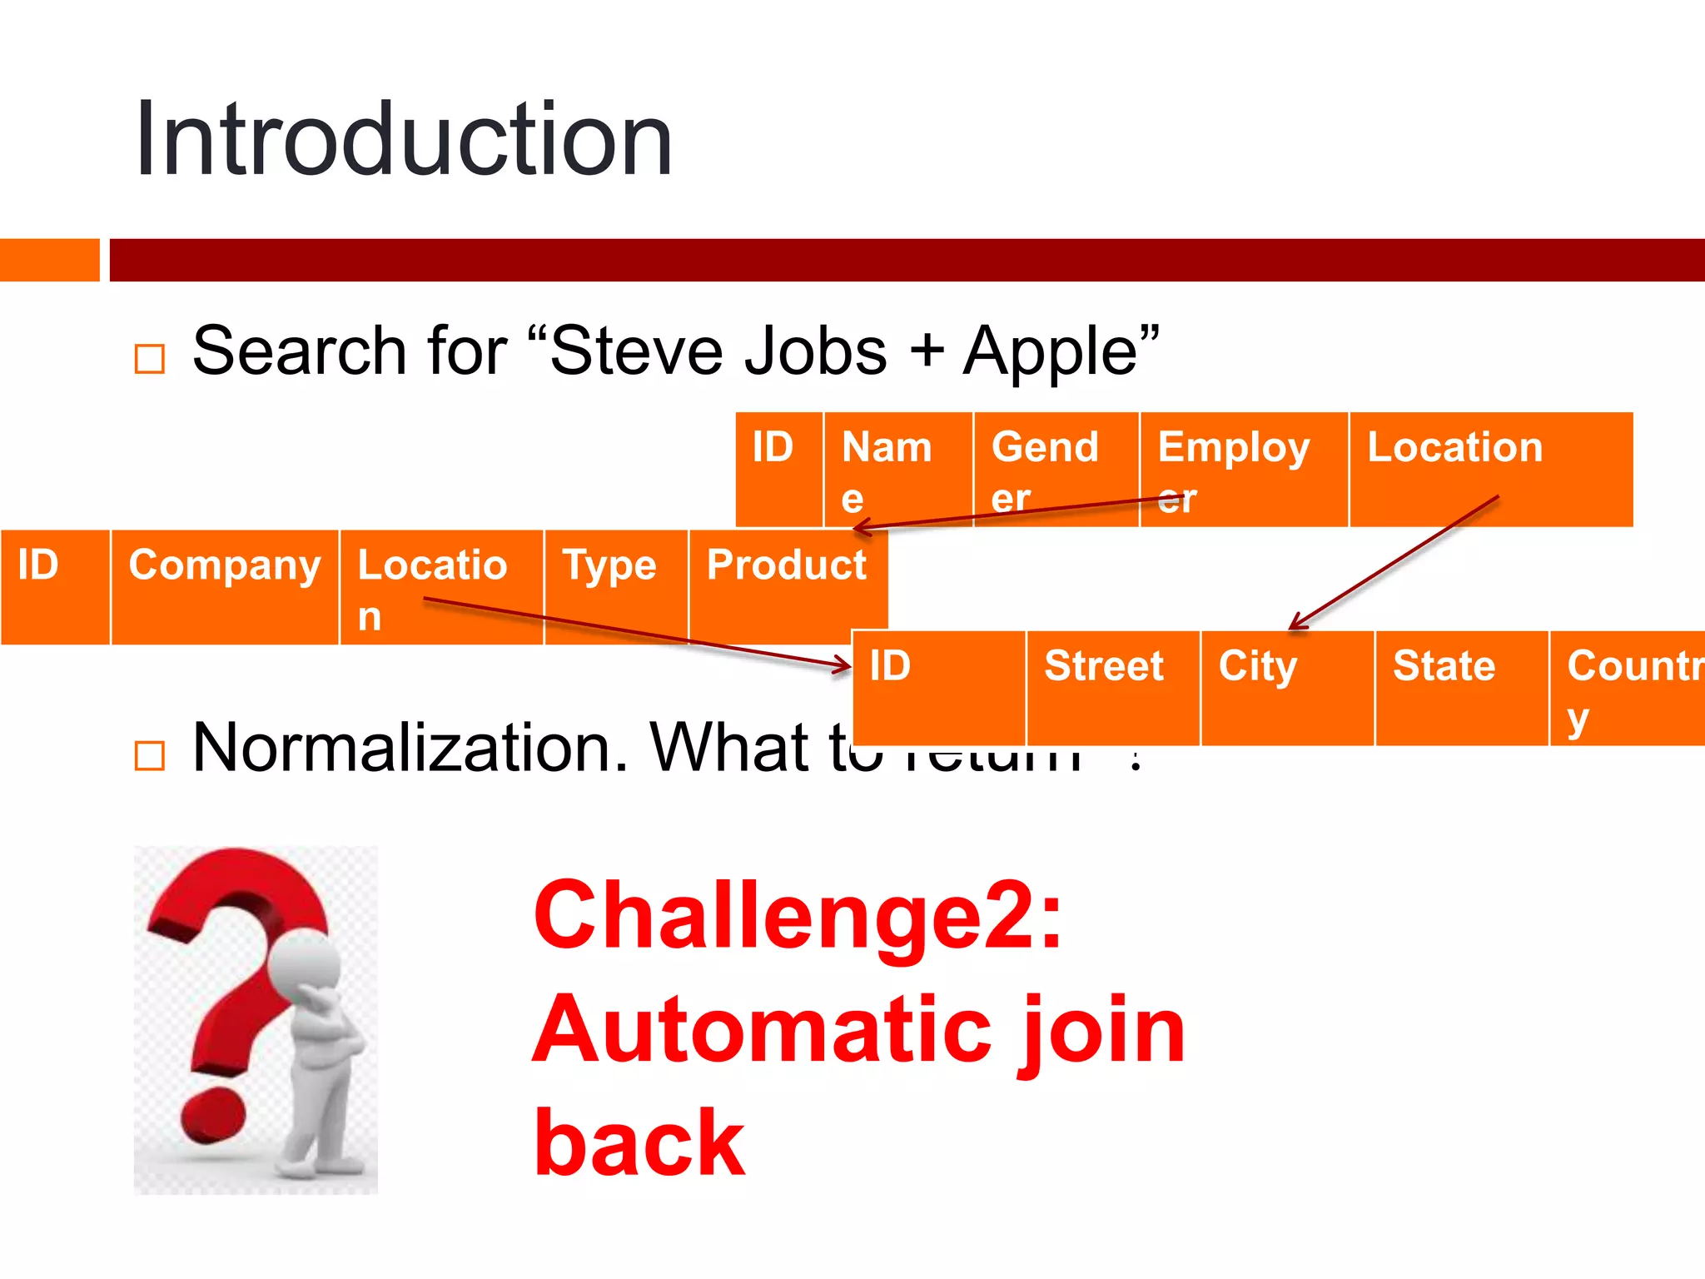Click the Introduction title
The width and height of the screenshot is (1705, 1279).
404,140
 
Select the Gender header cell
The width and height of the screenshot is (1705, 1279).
1056,469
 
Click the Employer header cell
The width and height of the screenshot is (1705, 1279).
1243,469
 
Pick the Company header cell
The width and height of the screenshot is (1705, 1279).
225,586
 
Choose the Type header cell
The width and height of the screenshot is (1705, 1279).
615,586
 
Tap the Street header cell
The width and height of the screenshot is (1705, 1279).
1112,687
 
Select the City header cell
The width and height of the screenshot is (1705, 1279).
1286,687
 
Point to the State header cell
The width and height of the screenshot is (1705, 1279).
1461,687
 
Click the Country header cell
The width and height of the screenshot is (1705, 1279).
1628,687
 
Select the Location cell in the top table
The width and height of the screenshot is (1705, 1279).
1490,469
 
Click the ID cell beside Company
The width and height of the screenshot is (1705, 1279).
55,586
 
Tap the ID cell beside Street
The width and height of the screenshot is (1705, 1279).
939,687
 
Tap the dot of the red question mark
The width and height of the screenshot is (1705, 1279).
213,1117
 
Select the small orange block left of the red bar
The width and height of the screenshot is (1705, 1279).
49,260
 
